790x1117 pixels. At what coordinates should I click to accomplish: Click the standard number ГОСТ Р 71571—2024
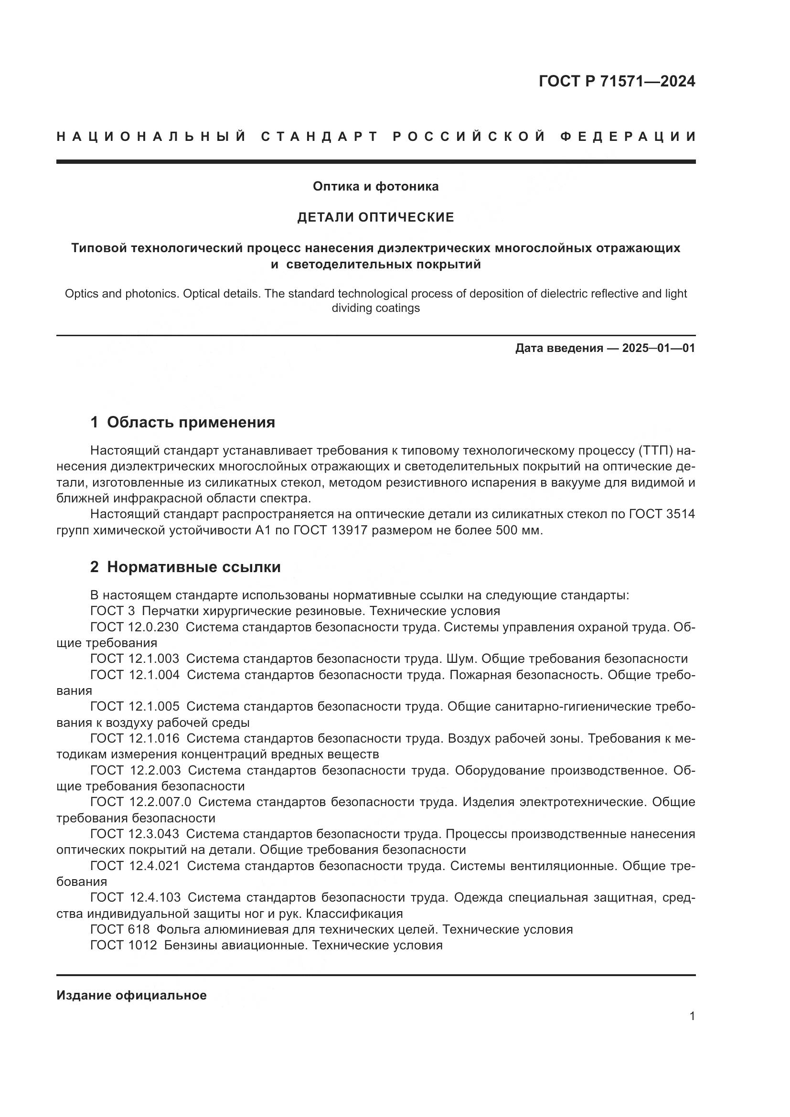pyautogui.click(x=616, y=81)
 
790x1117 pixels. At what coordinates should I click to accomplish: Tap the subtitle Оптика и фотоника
pyautogui.click(x=375, y=186)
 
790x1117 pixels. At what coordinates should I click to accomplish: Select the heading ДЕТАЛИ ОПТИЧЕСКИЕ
pyautogui.click(x=375, y=217)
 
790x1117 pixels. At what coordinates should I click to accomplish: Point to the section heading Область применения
pyautogui.click(x=191, y=422)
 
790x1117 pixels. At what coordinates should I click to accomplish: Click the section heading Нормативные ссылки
pyautogui.click(x=193, y=567)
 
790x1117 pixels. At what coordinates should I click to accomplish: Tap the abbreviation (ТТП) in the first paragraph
pyautogui.click(x=654, y=451)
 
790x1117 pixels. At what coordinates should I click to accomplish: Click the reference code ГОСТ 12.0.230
pyautogui.click(x=134, y=627)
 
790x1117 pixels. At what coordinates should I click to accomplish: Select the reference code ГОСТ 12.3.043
pyautogui.click(x=134, y=834)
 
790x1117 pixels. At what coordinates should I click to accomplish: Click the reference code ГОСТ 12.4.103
pyautogui.click(x=135, y=897)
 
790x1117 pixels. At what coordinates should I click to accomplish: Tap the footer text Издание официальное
pyautogui.click(x=131, y=995)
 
